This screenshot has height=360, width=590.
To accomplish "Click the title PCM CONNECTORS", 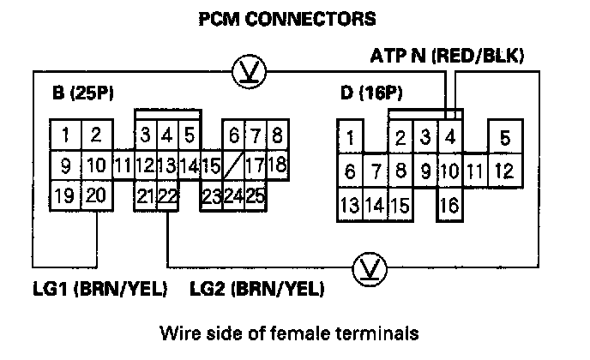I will click(286, 17).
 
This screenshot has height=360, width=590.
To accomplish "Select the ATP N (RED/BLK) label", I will click(446, 57).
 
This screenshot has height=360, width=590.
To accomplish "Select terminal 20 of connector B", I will click(95, 195).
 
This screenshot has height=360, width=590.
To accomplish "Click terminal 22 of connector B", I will click(168, 196).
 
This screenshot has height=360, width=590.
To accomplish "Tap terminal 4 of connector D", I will click(449, 137).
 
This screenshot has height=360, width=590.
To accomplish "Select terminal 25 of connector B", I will click(255, 196).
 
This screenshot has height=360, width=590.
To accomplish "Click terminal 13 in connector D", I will click(349, 206).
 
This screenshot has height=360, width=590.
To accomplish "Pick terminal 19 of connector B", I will click(64, 195).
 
